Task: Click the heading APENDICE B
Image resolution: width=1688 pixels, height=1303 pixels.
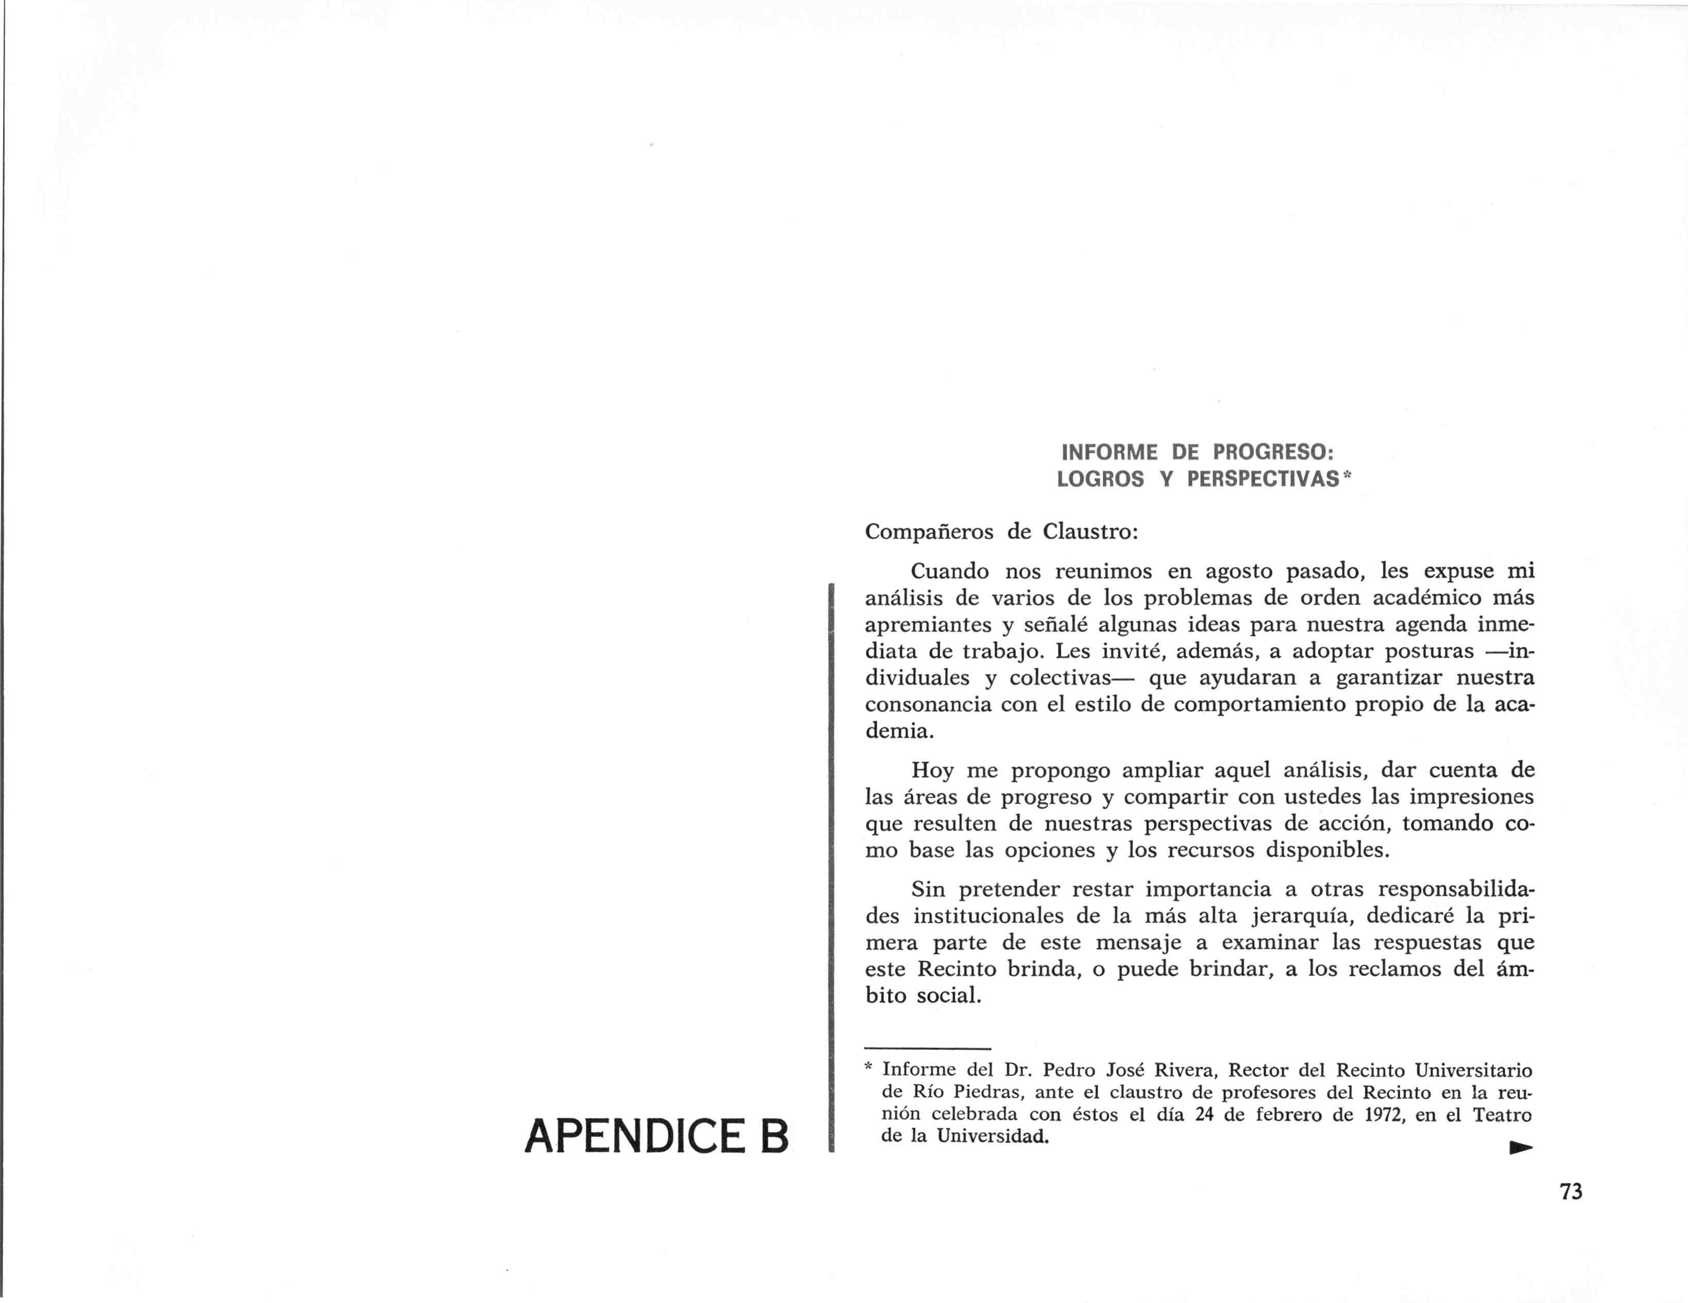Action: click(x=656, y=1136)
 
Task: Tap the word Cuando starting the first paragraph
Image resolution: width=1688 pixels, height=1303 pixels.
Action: click(x=950, y=571)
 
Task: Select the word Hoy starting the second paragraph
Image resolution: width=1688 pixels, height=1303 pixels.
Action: click(x=932, y=770)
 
